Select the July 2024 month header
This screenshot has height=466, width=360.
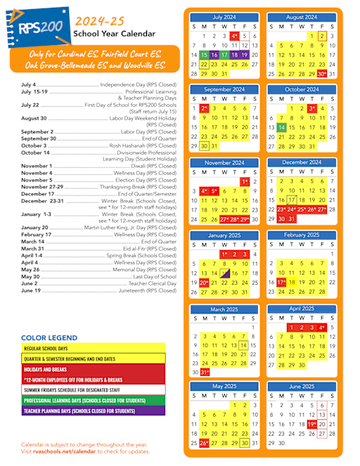[x=224, y=17]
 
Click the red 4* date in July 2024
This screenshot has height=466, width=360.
[x=234, y=35]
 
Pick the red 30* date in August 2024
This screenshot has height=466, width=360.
[x=321, y=73]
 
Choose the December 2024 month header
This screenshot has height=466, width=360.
[x=302, y=162]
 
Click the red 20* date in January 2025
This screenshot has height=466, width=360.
[x=204, y=282]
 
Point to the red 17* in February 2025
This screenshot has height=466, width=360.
[x=281, y=282]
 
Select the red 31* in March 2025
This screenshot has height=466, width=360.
[x=205, y=372]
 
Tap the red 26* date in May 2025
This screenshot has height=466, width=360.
[x=204, y=443]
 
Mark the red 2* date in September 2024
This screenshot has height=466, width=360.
[x=204, y=108]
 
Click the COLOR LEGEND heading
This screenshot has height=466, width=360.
[x=49, y=338]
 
